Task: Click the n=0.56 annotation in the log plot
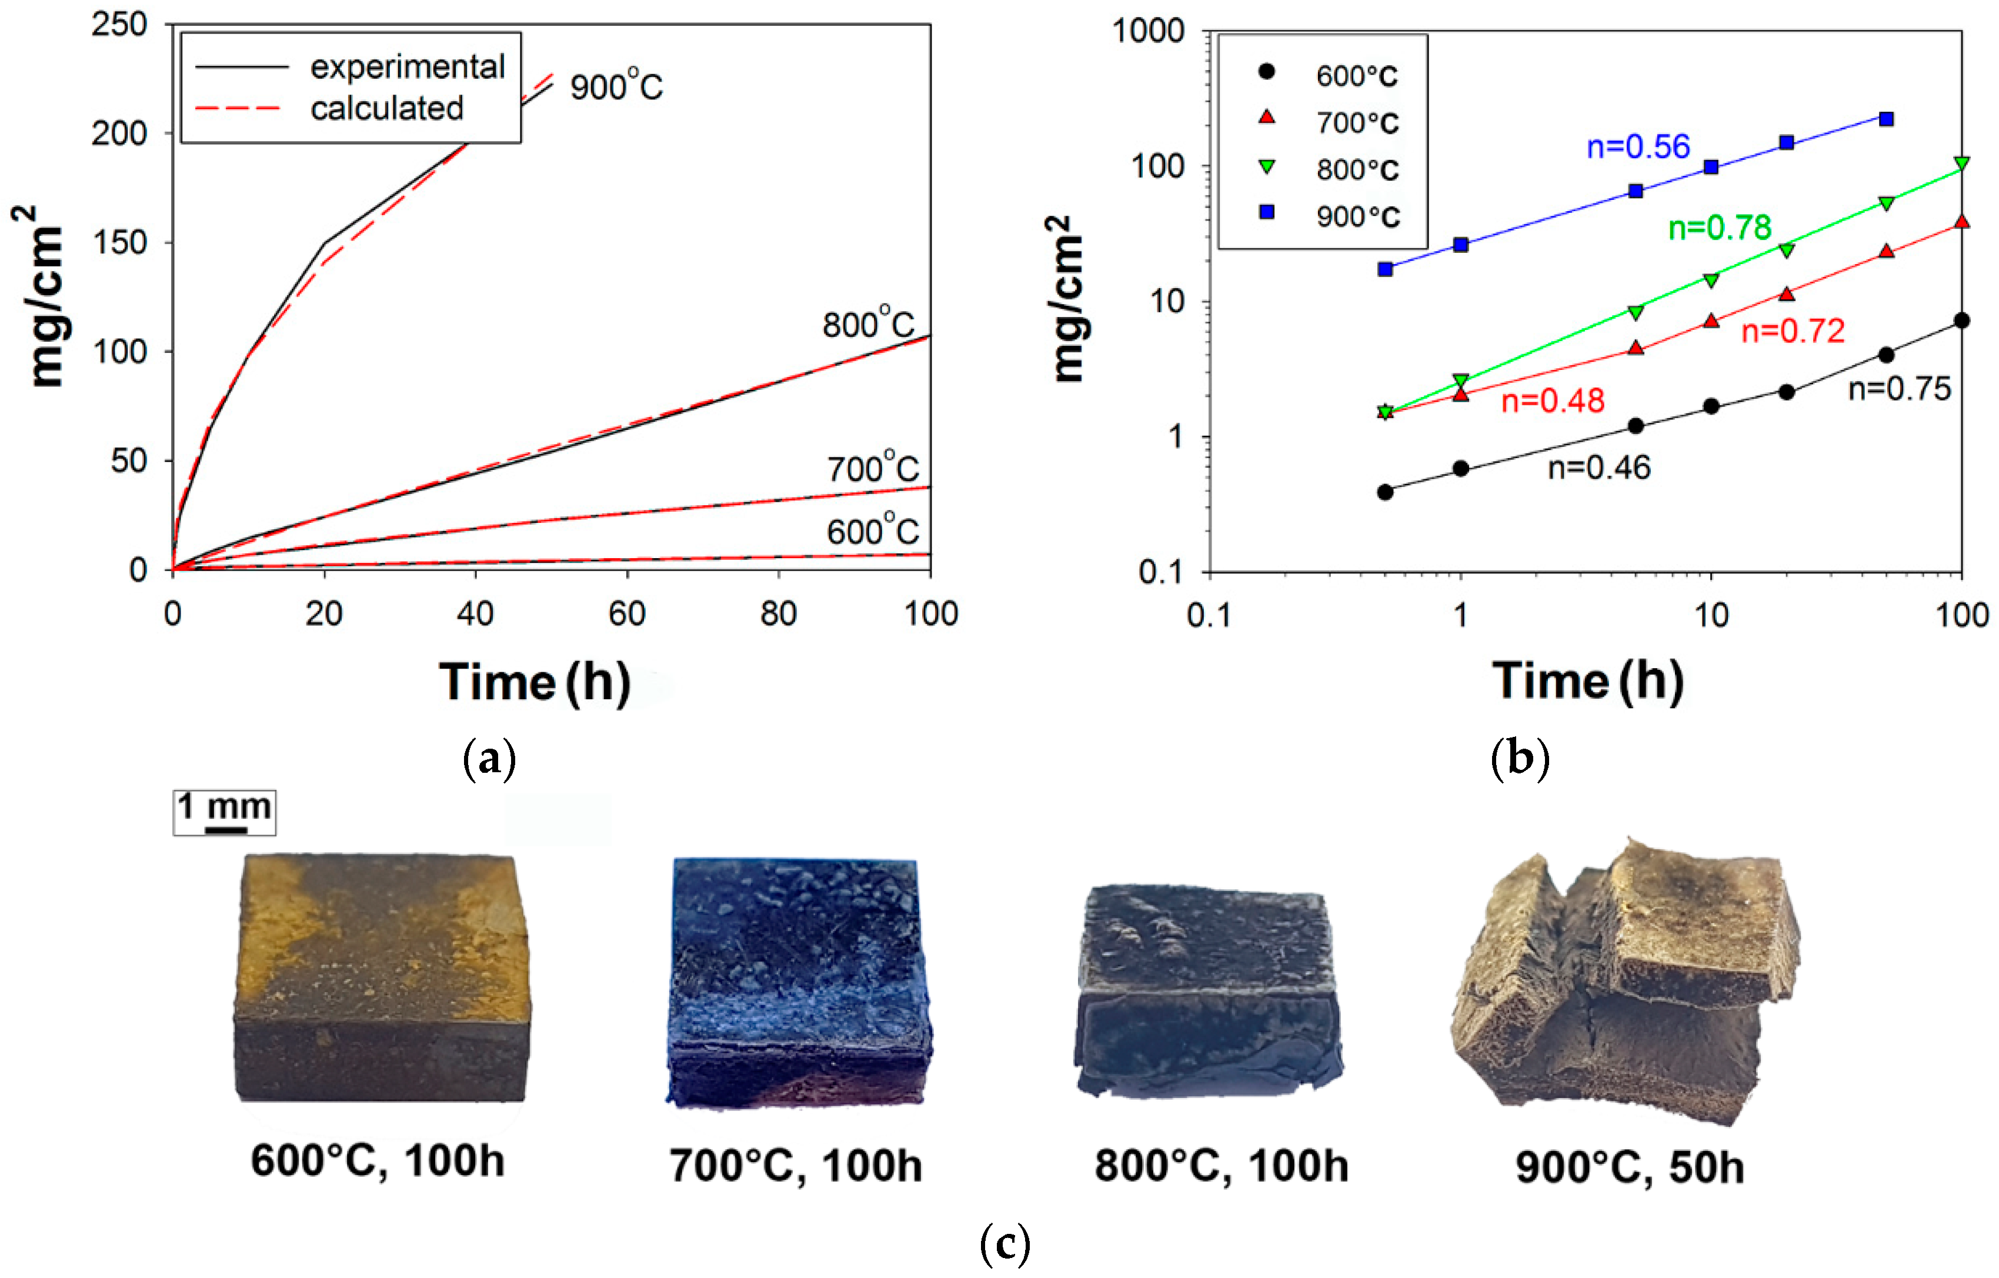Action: pyautogui.click(x=1637, y=147)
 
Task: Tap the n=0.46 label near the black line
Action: pyautogui.click(x=1599, y=468)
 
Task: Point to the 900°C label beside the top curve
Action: pyautogui.click(x=616, y=87)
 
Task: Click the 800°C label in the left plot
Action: pyautogui.click(x=868, y=324)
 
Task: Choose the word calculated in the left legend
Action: pyautogui.click(x=387, y=108)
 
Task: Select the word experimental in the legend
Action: pyautogui.click(x=408, y=66)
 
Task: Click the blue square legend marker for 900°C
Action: pyautogui.click(x=1267, y=212)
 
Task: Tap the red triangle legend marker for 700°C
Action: pyautogui.click(x=1267, y=118)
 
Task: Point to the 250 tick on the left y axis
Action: pyautogui.click(x=119, y=25)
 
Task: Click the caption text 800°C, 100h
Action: pyautogui.click(x=1220, y=1166)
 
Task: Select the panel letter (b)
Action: pyautogui.click(x=1519, y=758)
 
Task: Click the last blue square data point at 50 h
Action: pyautogui.click(x=1886, y=119)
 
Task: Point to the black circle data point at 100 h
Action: pyautogui.click(x=1961, y=321)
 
